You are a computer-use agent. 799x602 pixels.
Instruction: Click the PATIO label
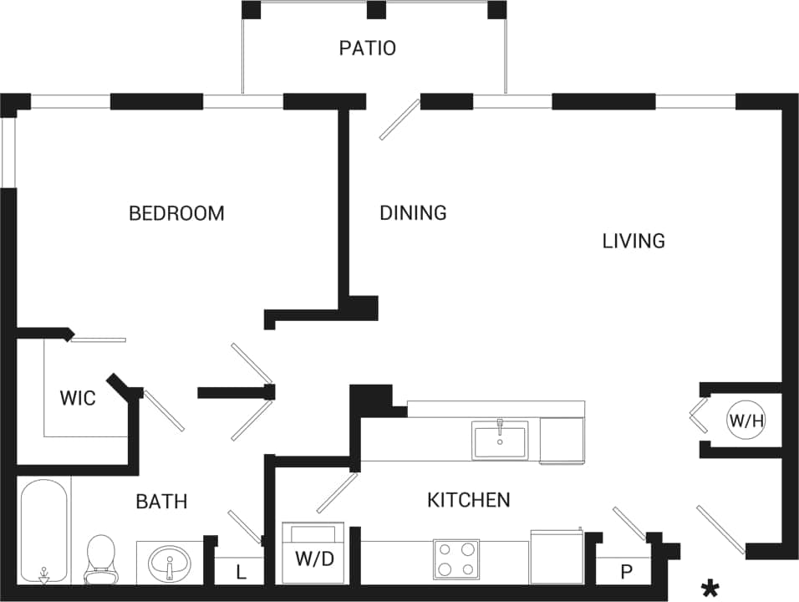(367, 48)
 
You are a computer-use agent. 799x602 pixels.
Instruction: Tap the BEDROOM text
(176, 213)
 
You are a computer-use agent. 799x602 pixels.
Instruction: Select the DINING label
(413, 213)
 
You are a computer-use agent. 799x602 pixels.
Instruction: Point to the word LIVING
(634, 241)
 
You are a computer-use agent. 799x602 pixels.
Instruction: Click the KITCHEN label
(468, 500)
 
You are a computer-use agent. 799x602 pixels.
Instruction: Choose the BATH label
(161, 502)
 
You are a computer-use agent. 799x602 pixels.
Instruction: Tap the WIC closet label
(77, 398)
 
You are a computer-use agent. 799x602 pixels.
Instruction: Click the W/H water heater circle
(746, 421)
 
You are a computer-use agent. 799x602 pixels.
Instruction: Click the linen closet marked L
(240, 573)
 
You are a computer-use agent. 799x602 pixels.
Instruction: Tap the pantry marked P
(624, 573)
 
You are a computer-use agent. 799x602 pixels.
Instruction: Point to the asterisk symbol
(710, 589)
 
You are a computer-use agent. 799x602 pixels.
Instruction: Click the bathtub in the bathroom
(43, 531)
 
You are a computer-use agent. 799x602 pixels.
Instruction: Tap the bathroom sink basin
(170, 562)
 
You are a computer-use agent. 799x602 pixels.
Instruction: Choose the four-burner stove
(456, 559)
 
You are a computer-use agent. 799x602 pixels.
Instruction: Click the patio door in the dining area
(399, 120)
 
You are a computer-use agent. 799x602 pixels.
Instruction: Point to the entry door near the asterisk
(720, 529)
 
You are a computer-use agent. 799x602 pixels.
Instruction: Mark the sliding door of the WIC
(98, 339)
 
